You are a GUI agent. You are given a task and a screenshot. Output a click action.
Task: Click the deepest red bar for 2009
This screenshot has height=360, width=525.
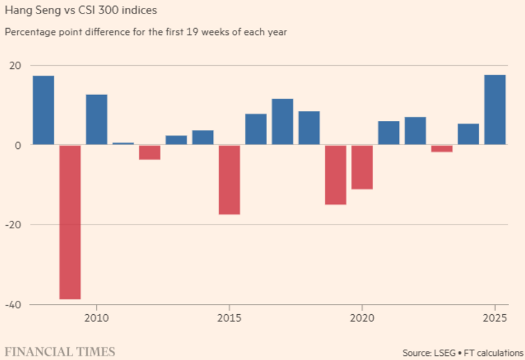coord(70,222)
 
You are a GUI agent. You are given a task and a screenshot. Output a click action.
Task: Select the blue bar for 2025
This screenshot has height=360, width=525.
coord(495,110)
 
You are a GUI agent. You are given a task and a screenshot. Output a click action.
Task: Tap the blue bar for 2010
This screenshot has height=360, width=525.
coord(96,120)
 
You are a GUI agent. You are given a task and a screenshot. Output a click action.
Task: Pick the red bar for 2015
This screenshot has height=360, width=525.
coord(229,179)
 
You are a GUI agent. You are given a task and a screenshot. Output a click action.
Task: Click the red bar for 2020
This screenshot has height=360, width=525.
coord(362,167)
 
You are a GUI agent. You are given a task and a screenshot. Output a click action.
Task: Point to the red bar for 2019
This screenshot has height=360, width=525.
coord(335,175)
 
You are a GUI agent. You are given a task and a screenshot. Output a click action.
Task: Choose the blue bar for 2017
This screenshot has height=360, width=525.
coord(282,121)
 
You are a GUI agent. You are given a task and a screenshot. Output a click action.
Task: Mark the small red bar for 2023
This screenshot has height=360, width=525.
coord(441,148)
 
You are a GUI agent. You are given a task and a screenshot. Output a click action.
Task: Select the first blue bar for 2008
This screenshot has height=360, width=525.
coord(43,110)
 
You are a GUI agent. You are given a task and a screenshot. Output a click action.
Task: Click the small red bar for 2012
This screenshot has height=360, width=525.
coord(149,152)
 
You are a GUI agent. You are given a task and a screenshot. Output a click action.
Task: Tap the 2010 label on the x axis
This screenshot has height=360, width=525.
coord(96,317)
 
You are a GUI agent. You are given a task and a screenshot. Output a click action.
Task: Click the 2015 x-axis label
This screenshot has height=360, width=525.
coord(229,317)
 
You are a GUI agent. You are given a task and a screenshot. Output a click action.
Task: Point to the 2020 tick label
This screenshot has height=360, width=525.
coord(362,317)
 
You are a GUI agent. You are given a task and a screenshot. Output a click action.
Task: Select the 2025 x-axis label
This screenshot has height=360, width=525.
coord(495,317)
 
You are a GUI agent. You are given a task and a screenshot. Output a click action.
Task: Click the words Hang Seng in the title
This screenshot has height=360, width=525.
coord(29,10)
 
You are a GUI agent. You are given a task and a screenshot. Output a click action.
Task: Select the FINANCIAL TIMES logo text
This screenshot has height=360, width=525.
coord(60,351)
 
